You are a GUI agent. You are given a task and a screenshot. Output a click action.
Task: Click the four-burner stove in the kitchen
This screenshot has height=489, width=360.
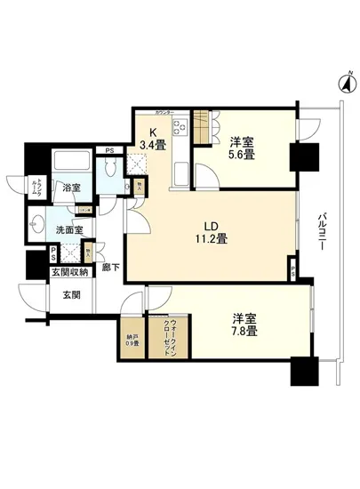tap(179, 132)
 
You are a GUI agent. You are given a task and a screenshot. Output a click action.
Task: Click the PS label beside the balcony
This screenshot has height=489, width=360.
tap(294, 269)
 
